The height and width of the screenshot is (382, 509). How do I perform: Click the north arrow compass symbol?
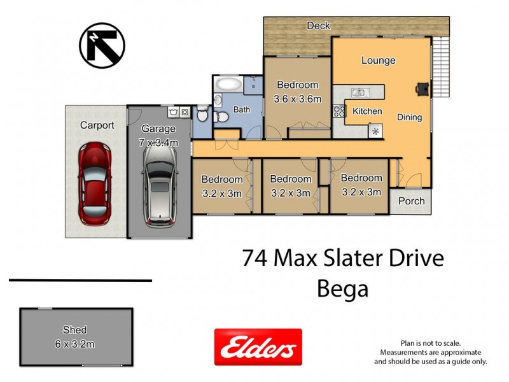(x=102, y=45)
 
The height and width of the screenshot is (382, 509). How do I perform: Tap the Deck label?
(x=318, y=26)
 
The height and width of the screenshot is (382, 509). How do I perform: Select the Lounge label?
(x=378, y=60)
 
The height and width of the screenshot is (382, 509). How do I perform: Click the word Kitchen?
(x=367, y=111)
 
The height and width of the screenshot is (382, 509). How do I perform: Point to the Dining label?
(x=409, y=117)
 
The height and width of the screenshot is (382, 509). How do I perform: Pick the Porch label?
(x=411, y=201)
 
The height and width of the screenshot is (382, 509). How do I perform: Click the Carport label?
(x=97, y=125)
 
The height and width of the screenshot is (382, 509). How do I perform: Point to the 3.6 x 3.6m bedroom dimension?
(x=297, y=99)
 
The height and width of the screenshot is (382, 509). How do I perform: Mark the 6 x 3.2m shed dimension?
(x=75, y=344)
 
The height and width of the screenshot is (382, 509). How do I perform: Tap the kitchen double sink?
(x=358, y=92)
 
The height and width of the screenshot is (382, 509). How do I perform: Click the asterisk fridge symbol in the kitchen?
(x=375, y=132)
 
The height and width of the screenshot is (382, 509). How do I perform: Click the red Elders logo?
(x=258, y=347)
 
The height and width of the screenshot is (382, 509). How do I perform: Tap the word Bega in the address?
(x=342, y=289)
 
